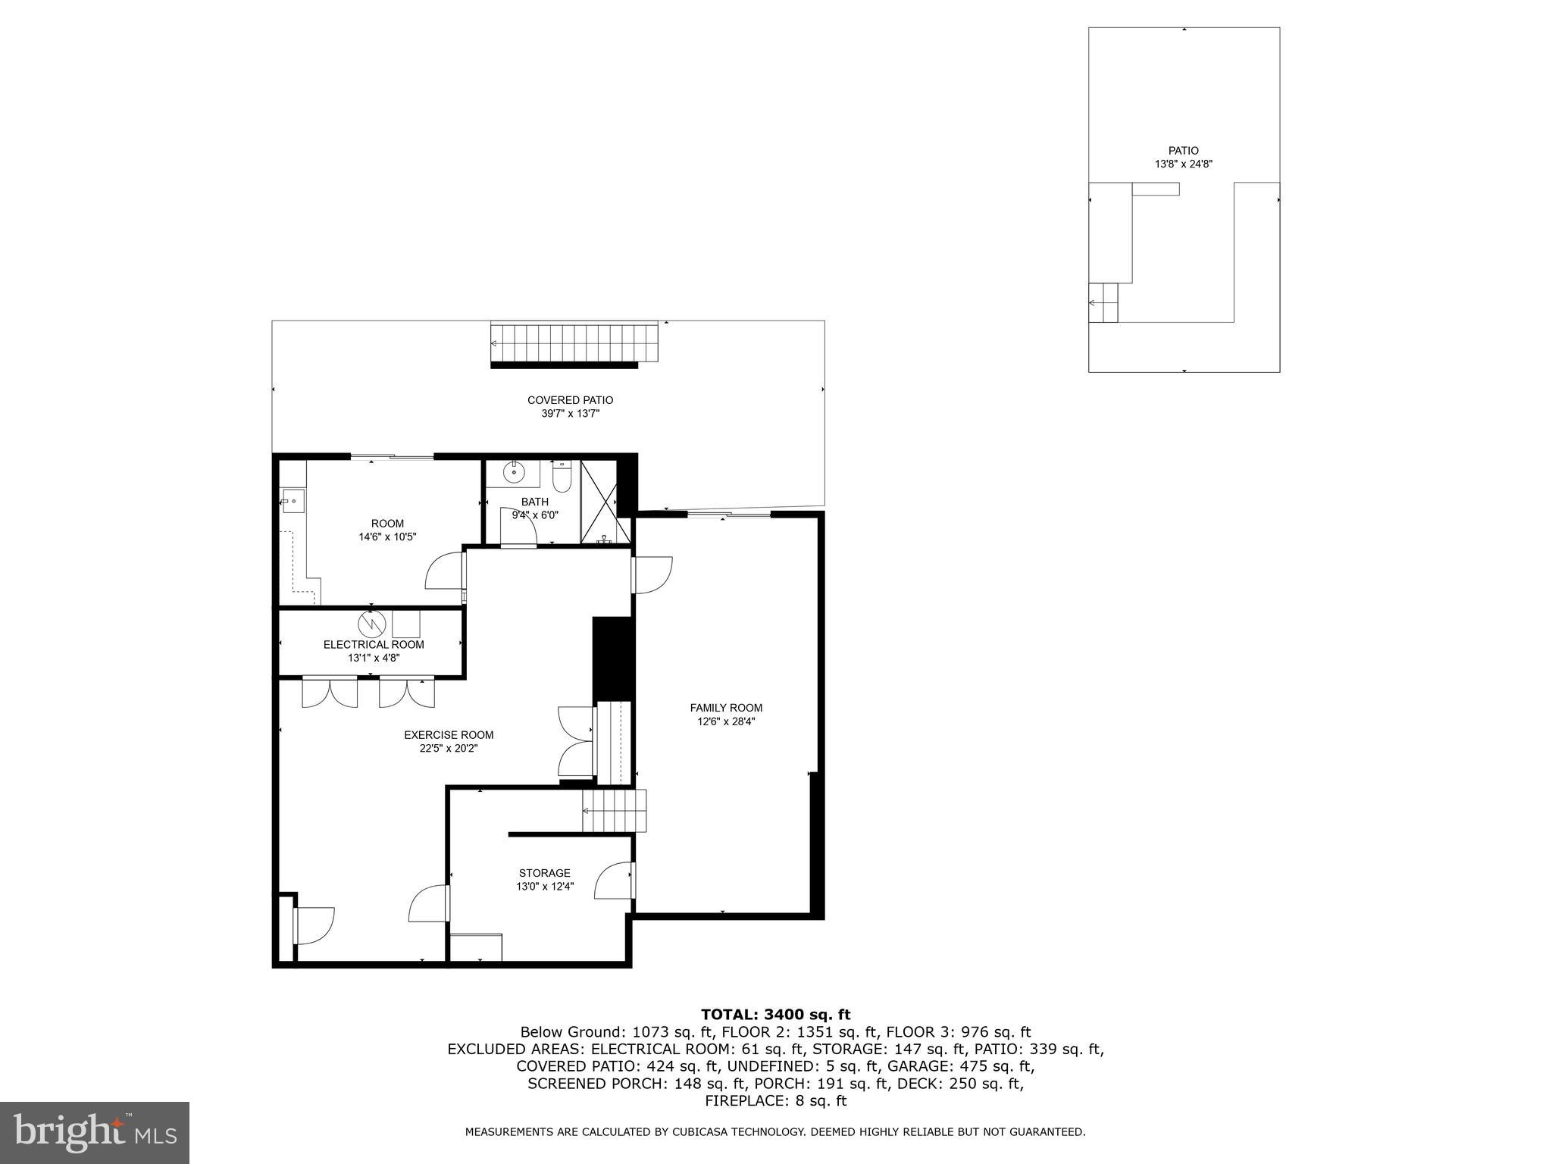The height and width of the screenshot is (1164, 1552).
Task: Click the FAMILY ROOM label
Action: pyautogui.click(x=726, y=708)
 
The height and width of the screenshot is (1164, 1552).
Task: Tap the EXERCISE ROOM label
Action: pyautogui.click(x=449, y=734)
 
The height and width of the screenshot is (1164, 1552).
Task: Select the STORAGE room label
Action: pyautogui.click(x=544, y=873)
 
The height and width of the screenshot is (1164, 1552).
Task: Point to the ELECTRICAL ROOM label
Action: pyautogui.click(x=374, y=644)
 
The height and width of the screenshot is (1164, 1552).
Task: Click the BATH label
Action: pyautogui.click(x=534, y=502)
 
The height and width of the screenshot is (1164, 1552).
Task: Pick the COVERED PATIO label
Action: pyautogui.click(x=570, y=400)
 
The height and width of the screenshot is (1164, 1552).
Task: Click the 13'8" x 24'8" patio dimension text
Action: pyautogui.click(x=1183, y=164)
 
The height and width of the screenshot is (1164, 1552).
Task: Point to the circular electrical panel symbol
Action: pyautogui.click(x=372, y=623)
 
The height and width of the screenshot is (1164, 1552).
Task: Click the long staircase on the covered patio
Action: pyautogui.click(x=574, y=343)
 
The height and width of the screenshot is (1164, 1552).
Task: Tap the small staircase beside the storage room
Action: pyautogui.click(x=615, y=810)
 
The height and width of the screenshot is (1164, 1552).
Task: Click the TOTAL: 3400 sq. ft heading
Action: pyautogui.click(x=775, y=1014)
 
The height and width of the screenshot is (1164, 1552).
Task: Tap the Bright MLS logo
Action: pyautogui.click(x=95, y=1132)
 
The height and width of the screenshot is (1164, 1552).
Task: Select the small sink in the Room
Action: pyautogui.click(x=293, y=502)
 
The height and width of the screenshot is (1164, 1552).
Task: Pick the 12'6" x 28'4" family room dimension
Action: pyautogui.click(x=726, y=721)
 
